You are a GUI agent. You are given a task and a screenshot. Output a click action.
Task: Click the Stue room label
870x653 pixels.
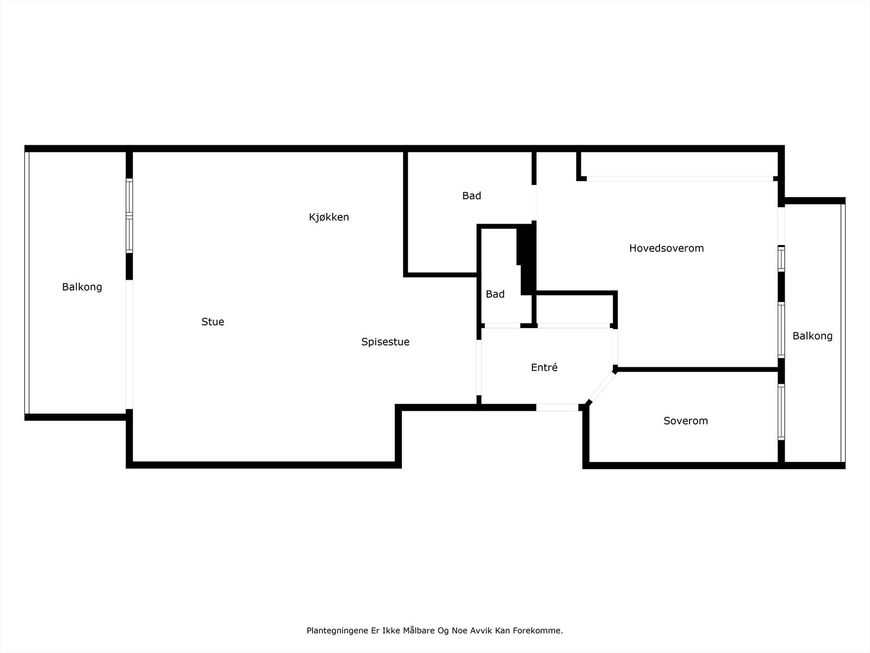213,322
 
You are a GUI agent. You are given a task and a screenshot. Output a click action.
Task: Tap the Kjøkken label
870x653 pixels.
329,217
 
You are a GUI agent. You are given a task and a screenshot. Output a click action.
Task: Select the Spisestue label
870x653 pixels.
385,342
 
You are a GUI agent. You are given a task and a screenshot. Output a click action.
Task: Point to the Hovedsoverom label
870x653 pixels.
666,248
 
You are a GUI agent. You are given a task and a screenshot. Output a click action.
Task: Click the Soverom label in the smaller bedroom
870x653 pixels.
686,421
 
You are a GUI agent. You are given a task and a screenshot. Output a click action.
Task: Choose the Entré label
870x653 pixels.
544,367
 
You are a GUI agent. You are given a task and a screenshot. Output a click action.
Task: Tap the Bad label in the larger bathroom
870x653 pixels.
471,196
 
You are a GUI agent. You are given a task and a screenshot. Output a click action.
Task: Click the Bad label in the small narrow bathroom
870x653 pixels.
495,294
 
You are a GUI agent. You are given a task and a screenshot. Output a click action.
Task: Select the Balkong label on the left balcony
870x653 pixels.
82,287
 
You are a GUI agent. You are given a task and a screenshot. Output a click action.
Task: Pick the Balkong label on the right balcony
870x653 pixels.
812,336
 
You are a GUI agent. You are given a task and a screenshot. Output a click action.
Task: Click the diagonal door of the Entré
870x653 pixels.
601,387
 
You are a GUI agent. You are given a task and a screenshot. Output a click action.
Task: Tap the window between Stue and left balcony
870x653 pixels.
129,216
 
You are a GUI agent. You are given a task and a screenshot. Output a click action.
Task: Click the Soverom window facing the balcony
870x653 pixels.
781,412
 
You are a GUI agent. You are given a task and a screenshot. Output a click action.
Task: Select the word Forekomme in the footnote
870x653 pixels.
542,631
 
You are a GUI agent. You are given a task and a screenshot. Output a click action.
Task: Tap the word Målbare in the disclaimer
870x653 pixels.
417,631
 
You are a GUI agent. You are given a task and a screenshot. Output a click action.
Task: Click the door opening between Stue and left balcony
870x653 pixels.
129,344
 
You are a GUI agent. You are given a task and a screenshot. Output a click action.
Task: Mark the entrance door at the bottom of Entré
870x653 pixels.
557,407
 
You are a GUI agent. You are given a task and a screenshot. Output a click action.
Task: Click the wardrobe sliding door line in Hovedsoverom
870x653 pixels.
680,178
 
